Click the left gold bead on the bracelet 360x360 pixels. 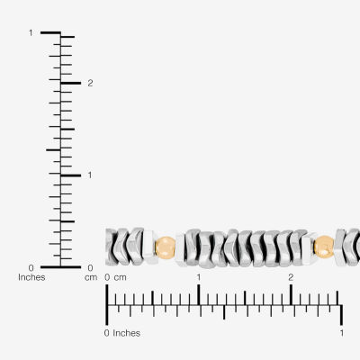click(165, 247)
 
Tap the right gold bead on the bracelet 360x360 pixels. click(324, 247)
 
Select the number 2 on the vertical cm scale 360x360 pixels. click(90, 83)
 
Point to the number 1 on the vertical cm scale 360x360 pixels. click(90, 175)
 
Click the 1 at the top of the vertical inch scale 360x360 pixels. click(31, 32)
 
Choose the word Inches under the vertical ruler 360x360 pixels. click(31, 277)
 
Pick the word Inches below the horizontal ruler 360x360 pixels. click(126, 333)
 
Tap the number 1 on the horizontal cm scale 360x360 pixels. click(199, 277)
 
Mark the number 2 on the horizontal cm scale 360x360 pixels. click(291, 277)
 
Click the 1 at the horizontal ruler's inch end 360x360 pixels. click(342, 333)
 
